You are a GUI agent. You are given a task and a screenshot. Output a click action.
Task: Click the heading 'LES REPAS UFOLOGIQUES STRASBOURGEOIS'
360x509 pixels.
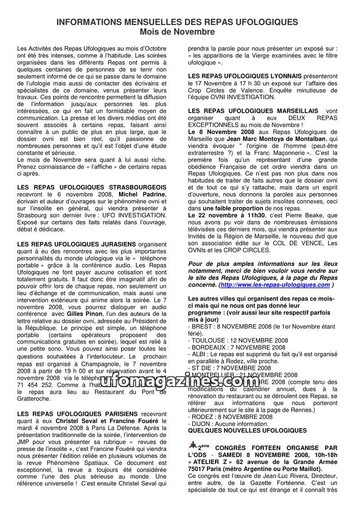click(92, 187)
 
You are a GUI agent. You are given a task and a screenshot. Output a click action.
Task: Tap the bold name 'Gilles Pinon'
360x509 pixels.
click(85, 313)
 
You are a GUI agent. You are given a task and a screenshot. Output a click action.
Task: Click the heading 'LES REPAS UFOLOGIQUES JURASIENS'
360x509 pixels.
click(75, 243)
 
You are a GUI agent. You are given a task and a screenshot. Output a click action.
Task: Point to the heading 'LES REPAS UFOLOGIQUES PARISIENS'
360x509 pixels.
click(77, 414)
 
